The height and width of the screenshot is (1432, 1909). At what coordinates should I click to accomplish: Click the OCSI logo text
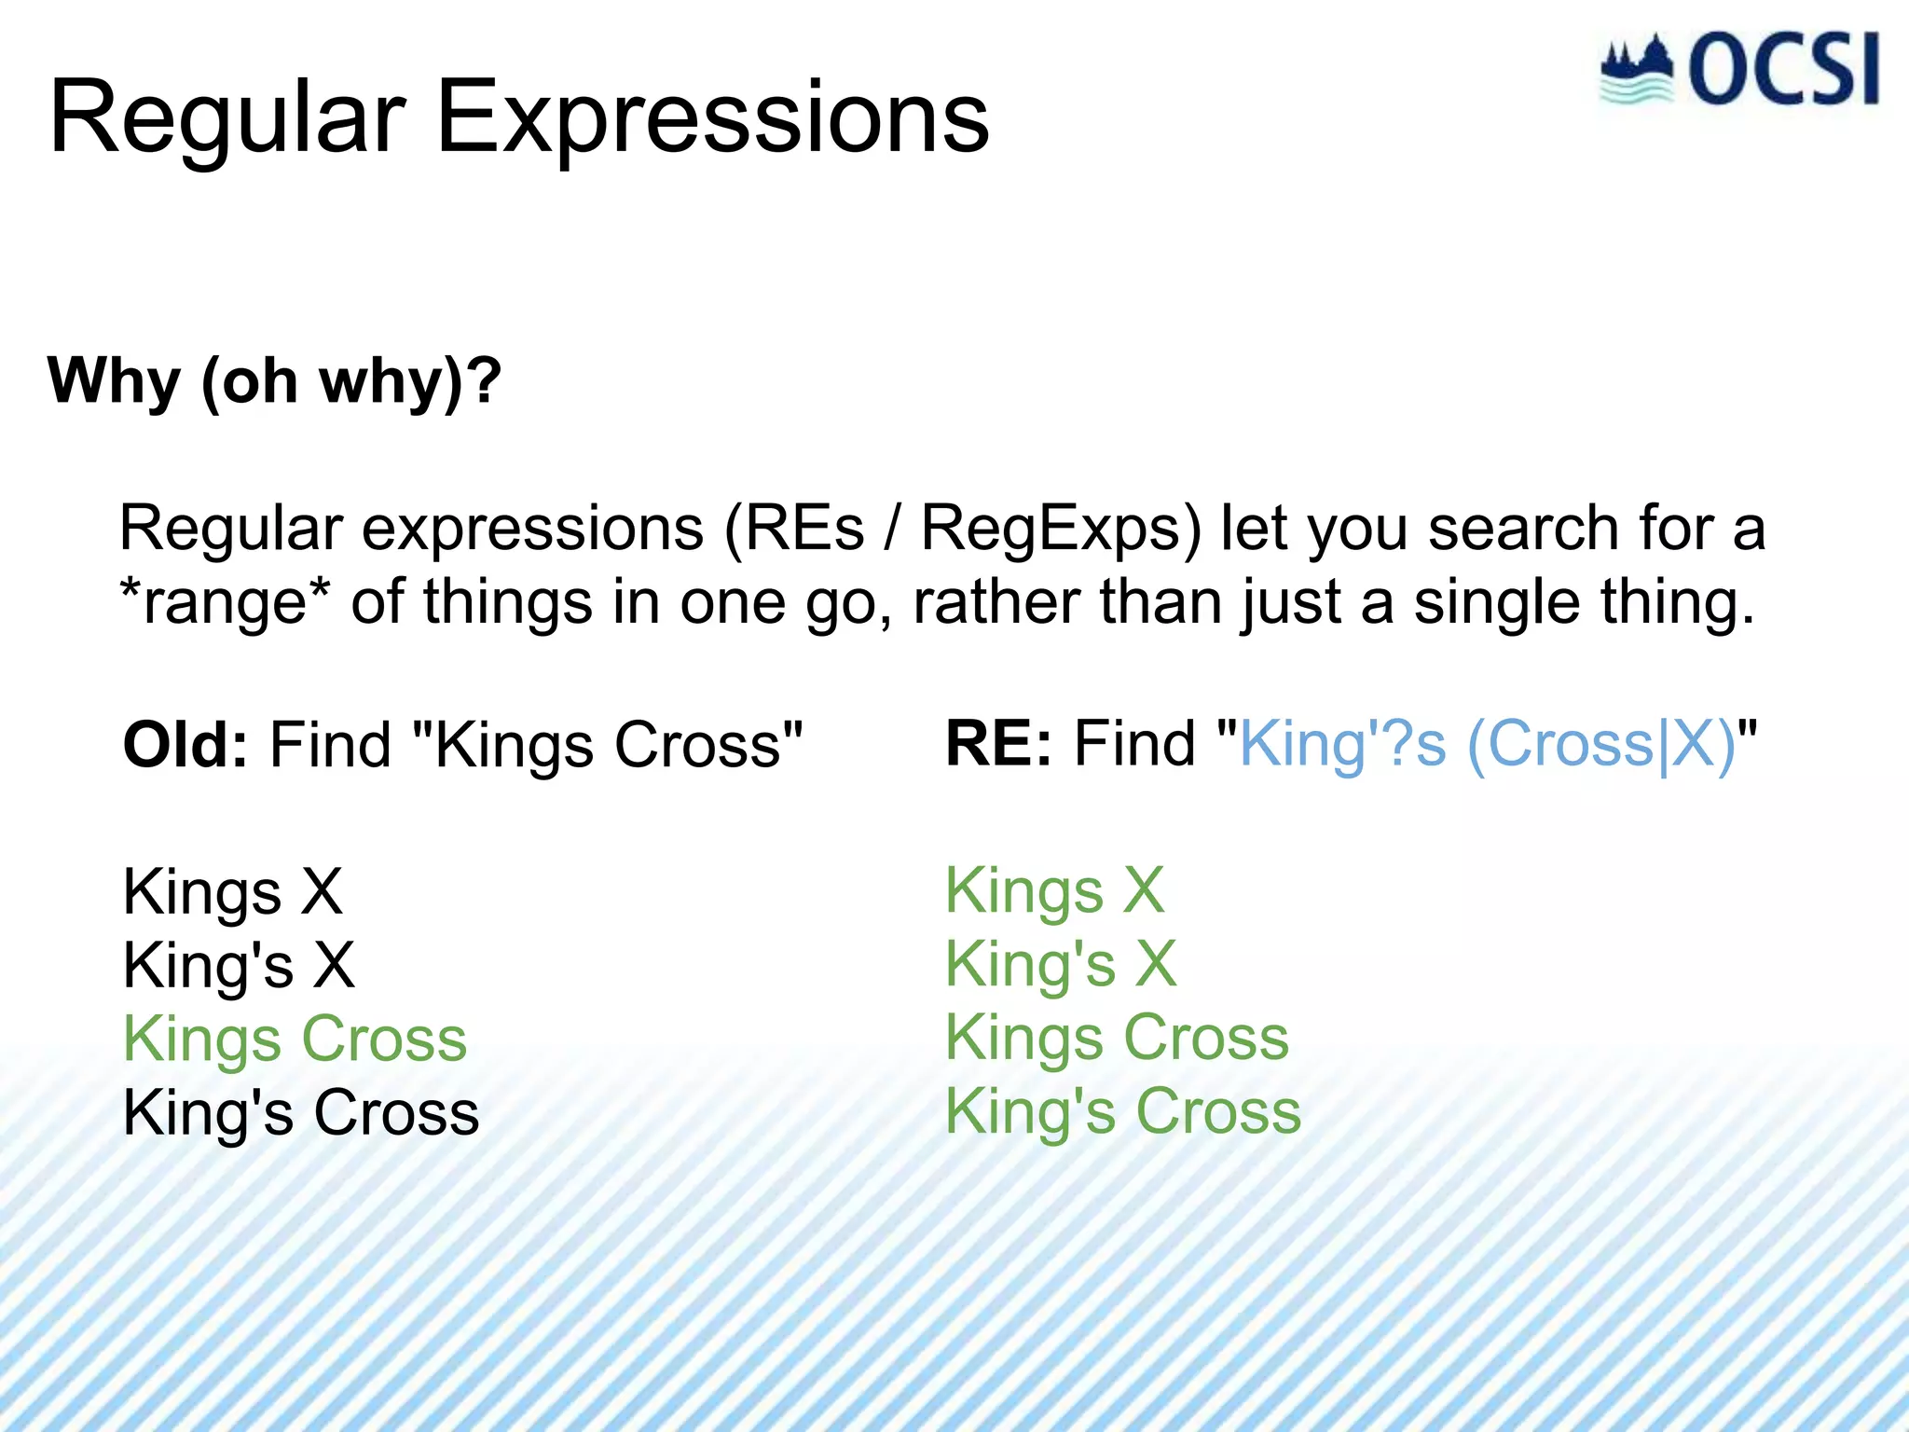(1782, 70)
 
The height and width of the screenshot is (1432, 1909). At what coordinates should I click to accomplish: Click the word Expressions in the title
(712, 119)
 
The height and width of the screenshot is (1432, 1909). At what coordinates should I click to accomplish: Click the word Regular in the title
(227, 119)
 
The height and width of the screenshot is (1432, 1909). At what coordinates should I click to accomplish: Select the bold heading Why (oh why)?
(275, 382)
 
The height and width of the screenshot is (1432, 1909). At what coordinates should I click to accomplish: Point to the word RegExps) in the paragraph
(1062, 529)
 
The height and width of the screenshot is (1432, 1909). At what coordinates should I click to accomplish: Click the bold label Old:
(185, 745)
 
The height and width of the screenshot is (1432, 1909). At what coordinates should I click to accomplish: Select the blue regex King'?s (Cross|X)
(1487, 745)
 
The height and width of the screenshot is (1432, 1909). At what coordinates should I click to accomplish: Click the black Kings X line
(233, 891)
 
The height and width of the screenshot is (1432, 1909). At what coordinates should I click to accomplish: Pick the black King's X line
(239, 965)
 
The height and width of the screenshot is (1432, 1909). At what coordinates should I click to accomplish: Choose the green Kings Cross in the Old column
(295, 1039)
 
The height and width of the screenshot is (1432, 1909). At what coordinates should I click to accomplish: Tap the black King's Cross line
(300, 1113)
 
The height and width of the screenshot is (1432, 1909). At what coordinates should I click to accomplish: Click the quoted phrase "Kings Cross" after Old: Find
(606, 745)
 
